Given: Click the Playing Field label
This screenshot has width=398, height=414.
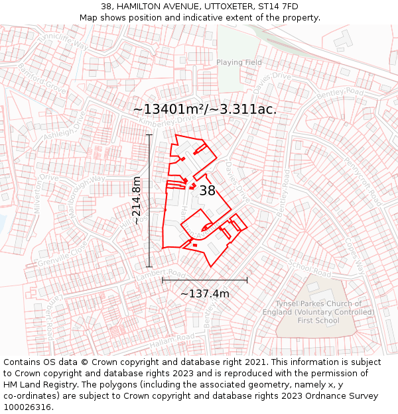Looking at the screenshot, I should pos(239,62).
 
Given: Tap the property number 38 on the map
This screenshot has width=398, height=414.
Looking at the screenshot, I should pos(207,191).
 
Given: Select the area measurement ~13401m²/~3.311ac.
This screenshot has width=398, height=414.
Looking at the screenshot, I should pos(205,110).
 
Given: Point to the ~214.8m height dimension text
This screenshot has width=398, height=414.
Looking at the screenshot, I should pos(137,201).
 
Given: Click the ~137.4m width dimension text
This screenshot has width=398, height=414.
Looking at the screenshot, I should pos(205,293).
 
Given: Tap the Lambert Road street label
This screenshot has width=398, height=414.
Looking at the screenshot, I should pos(168,272).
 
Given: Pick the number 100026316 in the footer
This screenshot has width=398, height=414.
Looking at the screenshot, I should pos(27,407).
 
